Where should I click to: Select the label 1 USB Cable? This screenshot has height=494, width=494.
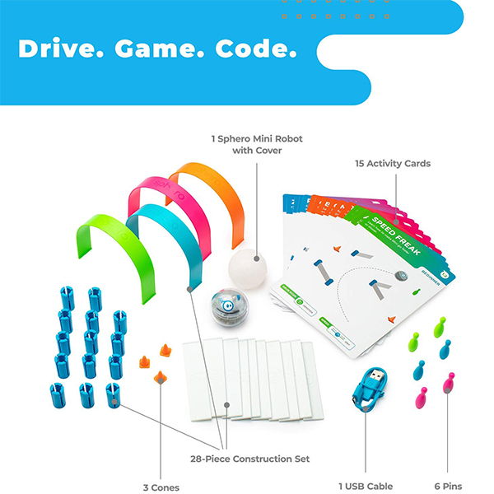365,487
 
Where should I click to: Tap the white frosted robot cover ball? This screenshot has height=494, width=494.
249,263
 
